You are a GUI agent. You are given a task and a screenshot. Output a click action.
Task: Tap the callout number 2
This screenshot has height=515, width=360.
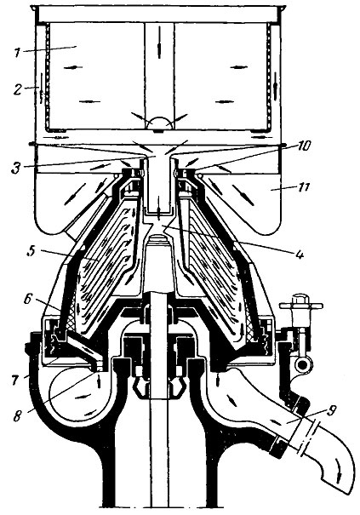pos(18,89)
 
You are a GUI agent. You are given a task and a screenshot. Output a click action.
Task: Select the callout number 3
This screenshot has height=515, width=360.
pos(16,168)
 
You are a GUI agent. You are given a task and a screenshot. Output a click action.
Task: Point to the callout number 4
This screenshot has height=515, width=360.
pos(299,254)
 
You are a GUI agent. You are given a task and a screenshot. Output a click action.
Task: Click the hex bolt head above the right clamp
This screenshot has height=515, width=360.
pos(300,300)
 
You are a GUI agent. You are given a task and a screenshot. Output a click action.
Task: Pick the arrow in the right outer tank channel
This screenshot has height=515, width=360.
pos(275,85)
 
